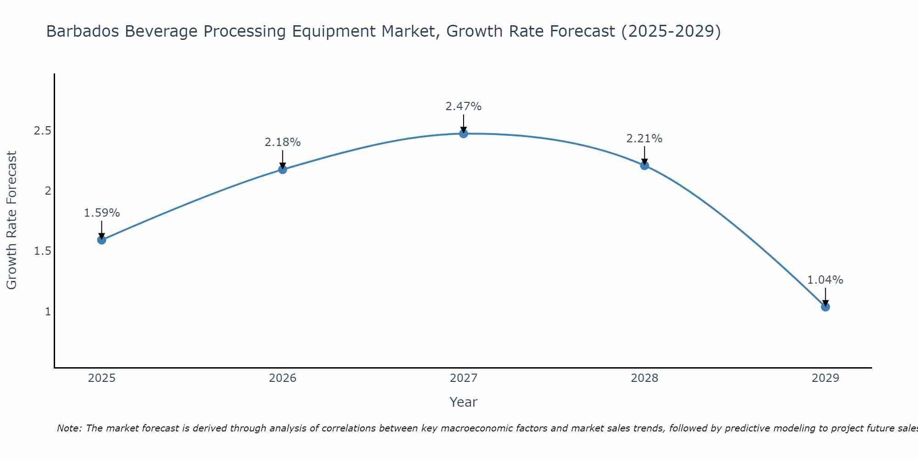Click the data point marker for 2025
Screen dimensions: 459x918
102,240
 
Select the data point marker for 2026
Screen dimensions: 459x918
283,169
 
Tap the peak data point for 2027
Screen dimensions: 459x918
464,134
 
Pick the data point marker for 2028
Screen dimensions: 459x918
644,165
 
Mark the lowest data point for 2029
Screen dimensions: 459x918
825,307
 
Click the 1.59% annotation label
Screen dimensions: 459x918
102,213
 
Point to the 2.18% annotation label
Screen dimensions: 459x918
283,142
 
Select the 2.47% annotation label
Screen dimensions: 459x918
464,106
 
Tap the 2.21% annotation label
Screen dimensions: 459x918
644,139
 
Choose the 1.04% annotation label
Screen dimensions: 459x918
825,280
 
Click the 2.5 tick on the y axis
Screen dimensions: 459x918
42,131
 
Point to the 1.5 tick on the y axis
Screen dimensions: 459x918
42,251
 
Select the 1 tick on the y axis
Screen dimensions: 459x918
48,311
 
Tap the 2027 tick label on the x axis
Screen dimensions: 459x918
464,378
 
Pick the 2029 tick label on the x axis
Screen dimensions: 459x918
825,378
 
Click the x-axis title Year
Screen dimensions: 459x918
464,402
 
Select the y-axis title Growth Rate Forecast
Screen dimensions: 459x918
12,220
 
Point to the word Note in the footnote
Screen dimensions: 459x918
69,428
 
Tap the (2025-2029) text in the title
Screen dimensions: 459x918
671,31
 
